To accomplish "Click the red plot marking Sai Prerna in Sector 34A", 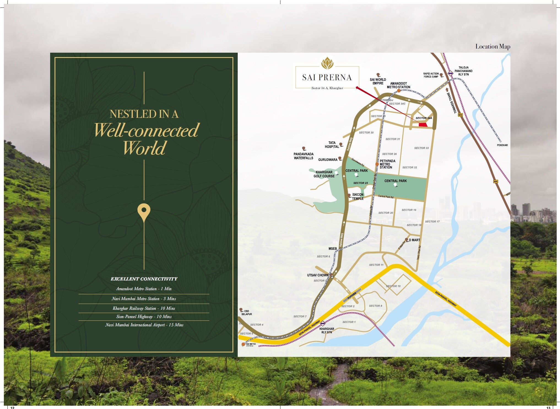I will tap(423, 125).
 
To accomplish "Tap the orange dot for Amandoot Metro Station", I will tap(399, 91).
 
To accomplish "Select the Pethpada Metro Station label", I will tap(387, 164).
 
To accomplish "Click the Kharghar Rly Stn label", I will tap(327, 330).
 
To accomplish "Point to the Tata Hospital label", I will tap(332, 145).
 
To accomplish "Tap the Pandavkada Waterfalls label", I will tap(304, 156).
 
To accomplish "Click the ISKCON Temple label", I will tap(358, 196).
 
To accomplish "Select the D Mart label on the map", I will tap(414, 240).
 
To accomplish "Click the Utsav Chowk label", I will tap(318, 275).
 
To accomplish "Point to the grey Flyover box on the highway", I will tap(352, 296).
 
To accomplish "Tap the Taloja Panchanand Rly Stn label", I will tap(463, 71).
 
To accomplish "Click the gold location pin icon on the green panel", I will tap(144, 212).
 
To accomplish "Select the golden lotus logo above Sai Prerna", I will tap(327, 63).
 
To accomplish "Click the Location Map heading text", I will tap(493, 46).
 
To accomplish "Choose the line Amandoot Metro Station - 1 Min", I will tap(144, 289).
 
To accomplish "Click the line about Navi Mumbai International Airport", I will tap(144, 325).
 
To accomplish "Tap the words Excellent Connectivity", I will tap(144, 279).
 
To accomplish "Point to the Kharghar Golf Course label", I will tap(324, 174).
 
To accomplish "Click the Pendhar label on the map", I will tap(502, 145).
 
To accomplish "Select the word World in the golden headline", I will tap(144, 148).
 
